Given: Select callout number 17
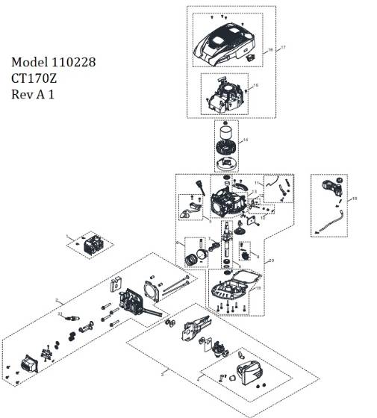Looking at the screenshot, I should click(x=283, y=47).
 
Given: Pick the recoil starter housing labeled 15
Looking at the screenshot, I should click(x=225, y=97).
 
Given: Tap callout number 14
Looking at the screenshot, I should click(x=246, y=140).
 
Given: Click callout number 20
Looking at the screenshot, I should click(x=271, y=260).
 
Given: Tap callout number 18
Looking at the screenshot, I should click(x=354, y=199).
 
